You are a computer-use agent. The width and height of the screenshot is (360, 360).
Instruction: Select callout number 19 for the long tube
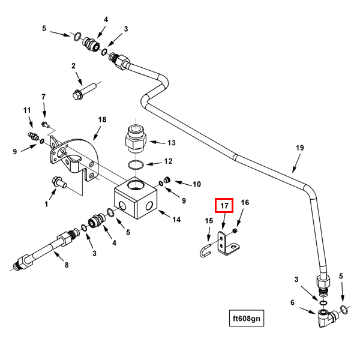[x=300, y=148]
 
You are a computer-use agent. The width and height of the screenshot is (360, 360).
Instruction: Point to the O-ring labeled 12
[x=136, y=164]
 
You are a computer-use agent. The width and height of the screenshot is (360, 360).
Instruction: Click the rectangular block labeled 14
[x=137, y=200]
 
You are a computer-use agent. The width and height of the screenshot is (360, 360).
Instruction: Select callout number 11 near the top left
[x=27, y=110]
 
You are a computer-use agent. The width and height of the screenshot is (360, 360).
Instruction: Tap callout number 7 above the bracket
[x=43, y=97]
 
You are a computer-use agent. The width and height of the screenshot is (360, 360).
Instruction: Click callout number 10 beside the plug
[x=196, y=184]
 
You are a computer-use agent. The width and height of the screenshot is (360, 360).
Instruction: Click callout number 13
[x=171, y=143]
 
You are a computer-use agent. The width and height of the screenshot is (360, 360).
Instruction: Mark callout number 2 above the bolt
[x=73, y=66]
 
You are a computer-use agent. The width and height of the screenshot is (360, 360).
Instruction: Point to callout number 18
[x=102, y=120]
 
